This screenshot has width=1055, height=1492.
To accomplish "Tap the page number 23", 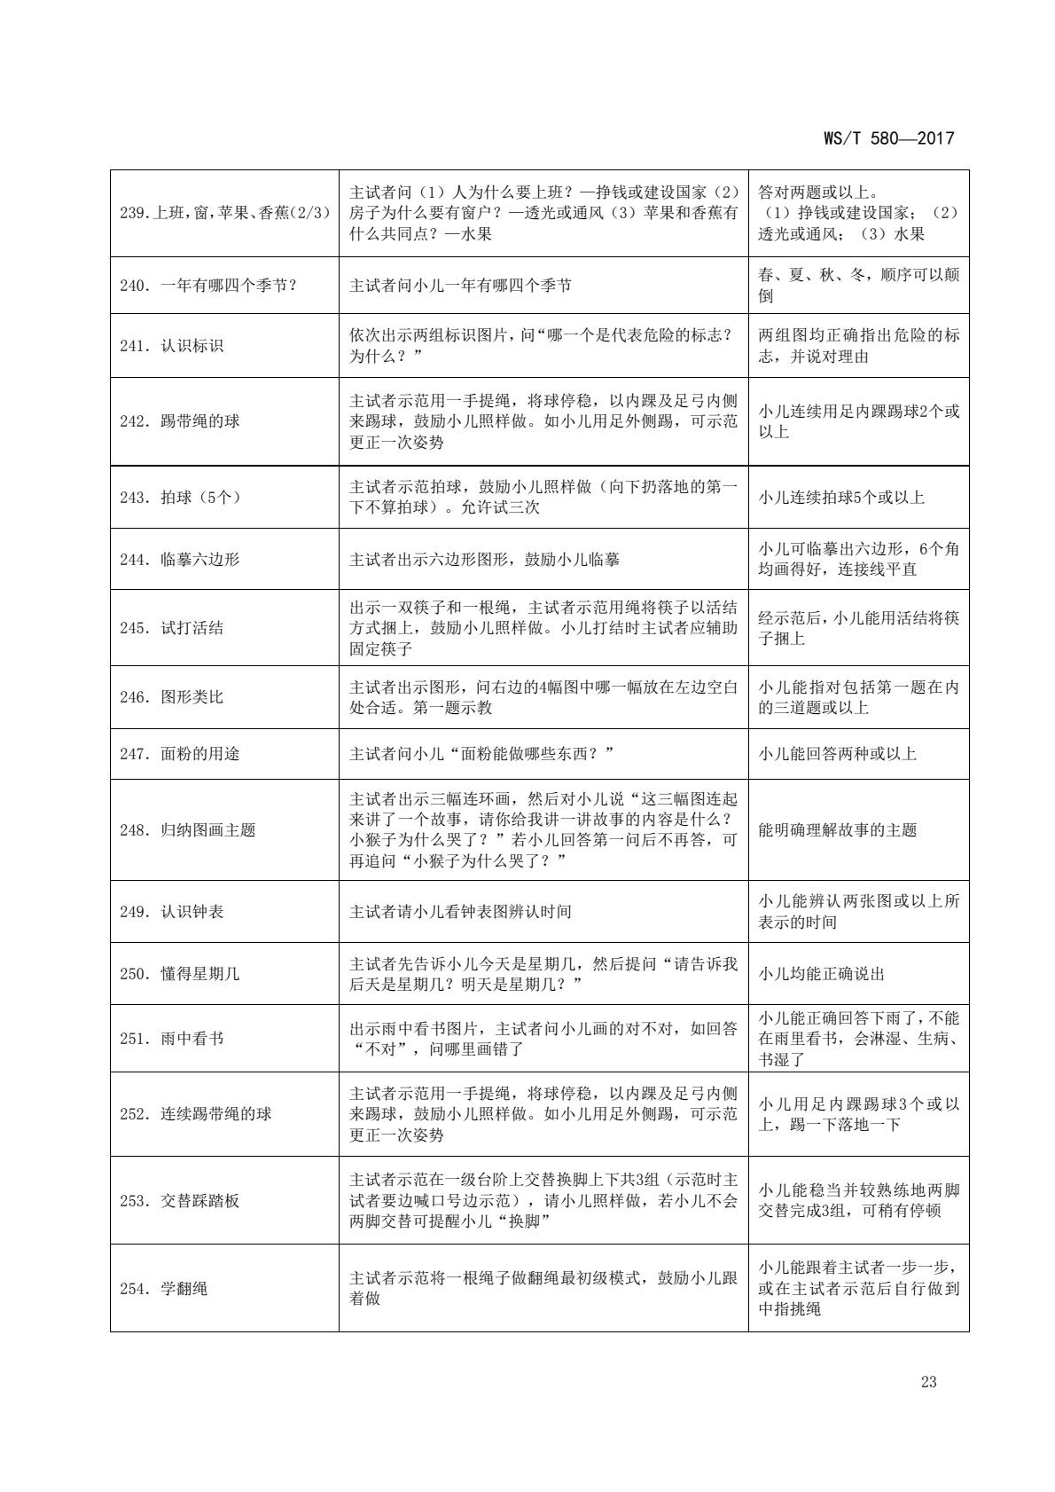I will click(x=928, y=1381).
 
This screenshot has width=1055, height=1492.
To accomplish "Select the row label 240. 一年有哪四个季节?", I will click(x=208, y=286).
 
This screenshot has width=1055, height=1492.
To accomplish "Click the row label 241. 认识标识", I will click(x=172, y=346).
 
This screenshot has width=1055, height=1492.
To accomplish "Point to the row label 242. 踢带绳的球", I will click(x=180, y=421).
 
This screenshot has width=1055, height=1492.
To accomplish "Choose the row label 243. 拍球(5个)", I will click(x=180, y=498).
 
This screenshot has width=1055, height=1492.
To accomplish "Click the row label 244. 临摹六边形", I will click(x=180, y=560).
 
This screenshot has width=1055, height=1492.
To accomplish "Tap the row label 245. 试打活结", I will click(x=172, y=628).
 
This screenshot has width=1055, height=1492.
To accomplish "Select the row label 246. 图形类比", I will click(x=172, y=697).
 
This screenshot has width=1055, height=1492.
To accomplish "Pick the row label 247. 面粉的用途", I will click(x=180, y=754).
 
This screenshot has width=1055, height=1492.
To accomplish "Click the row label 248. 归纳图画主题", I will click(x=188, y=830).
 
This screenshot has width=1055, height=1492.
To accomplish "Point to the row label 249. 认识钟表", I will click(x=172, y=912).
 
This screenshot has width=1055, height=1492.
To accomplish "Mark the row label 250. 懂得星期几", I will click(x=180, y=974).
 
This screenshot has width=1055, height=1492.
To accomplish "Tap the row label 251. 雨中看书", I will click(x=172, y=1039).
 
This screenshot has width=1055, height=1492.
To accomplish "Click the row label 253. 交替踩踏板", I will click(x=180, y=1201).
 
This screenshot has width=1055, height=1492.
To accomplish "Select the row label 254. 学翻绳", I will click(x=164, y=1288).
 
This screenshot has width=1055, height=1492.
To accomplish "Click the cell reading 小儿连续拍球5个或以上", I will click(x=841, y=498).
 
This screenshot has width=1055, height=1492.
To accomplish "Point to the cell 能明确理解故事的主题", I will click(x=838, y=830).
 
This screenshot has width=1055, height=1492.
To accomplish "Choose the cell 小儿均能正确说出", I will click(x=822, y=974).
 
